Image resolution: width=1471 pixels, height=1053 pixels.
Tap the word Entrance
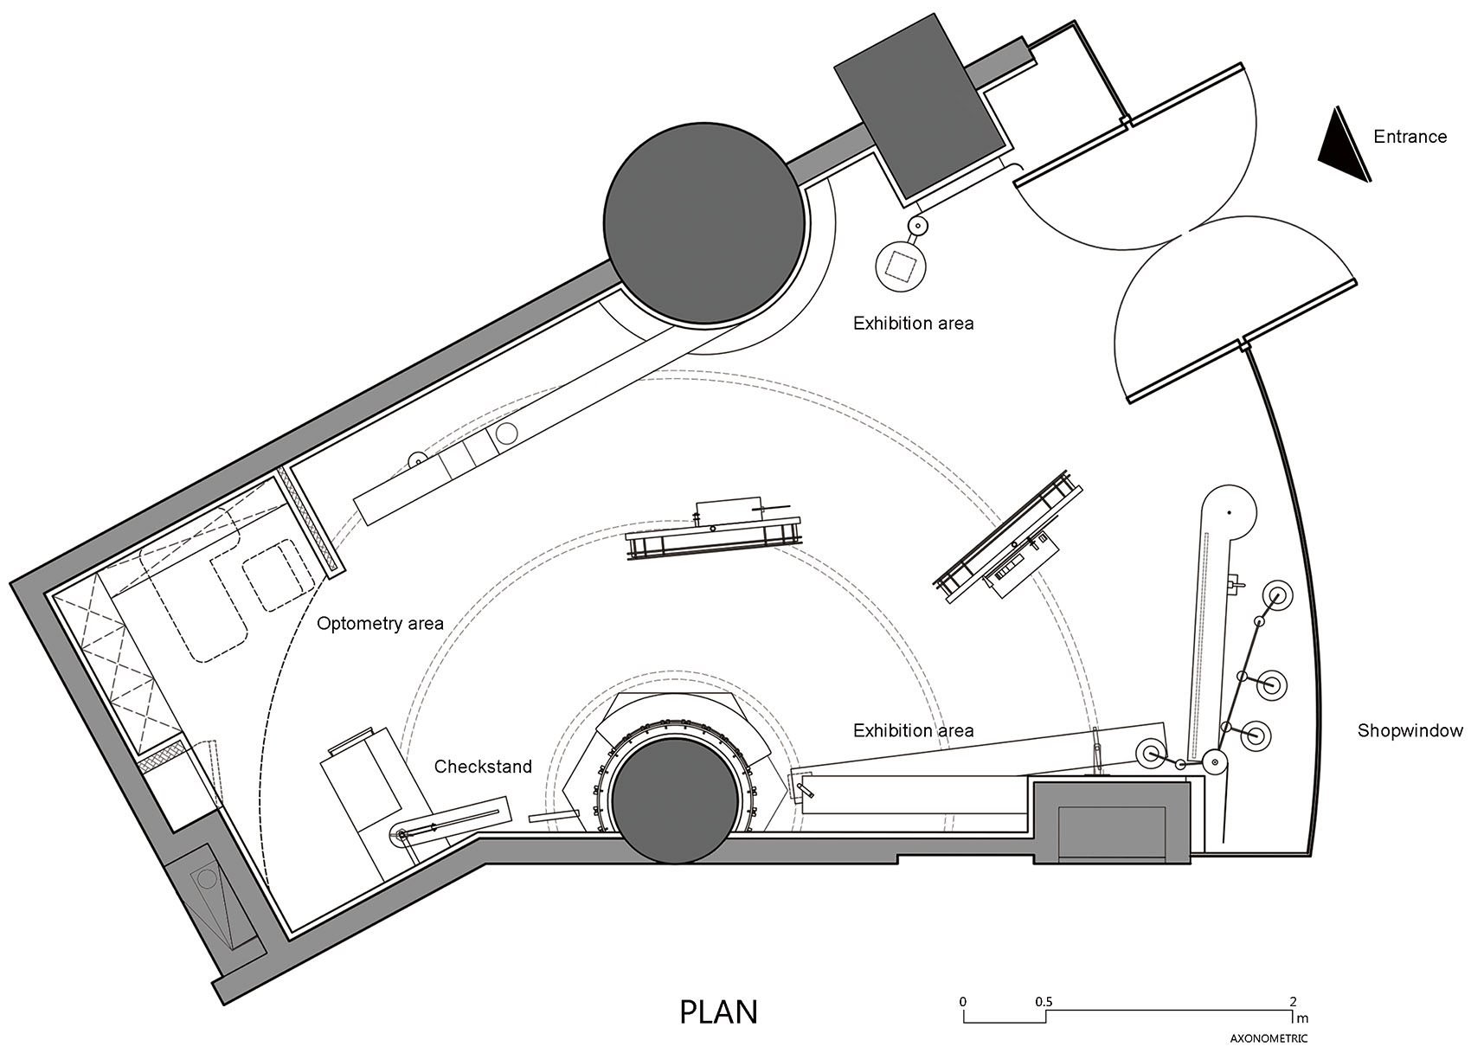[x=1410, y=137]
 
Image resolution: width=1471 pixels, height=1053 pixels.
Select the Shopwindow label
[x=1410, y=730]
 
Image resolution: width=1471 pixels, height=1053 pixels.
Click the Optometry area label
[x=380, y=623]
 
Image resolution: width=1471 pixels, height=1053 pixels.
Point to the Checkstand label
[x=483, y=766]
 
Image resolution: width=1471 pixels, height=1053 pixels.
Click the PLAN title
[x=718, y=1012]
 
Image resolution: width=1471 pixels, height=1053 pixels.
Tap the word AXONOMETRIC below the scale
[x=1269, y=1039]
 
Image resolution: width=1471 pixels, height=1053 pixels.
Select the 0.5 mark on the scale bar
[x=1044, y=1002]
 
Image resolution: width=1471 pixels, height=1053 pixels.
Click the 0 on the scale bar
[x=963, y=1002]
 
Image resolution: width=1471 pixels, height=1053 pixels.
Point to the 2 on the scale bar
[x=1293, y=1002]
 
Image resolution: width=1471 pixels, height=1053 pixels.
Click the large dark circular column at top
[x=704, y=222]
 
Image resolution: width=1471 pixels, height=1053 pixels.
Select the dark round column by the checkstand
[x=674, y=801]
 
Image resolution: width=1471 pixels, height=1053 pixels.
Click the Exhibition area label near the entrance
[x=913, y=323]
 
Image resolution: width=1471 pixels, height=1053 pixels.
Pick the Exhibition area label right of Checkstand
[x=913, y=730]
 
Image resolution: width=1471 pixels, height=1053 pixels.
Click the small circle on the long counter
[x=507, y=433]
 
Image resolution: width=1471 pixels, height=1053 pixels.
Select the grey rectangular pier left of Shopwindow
[x=1112, y=821]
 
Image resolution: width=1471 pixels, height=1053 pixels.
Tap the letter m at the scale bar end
[x=1302, y=1019]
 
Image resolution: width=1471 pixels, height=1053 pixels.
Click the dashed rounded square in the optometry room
[x=277, y=575]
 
